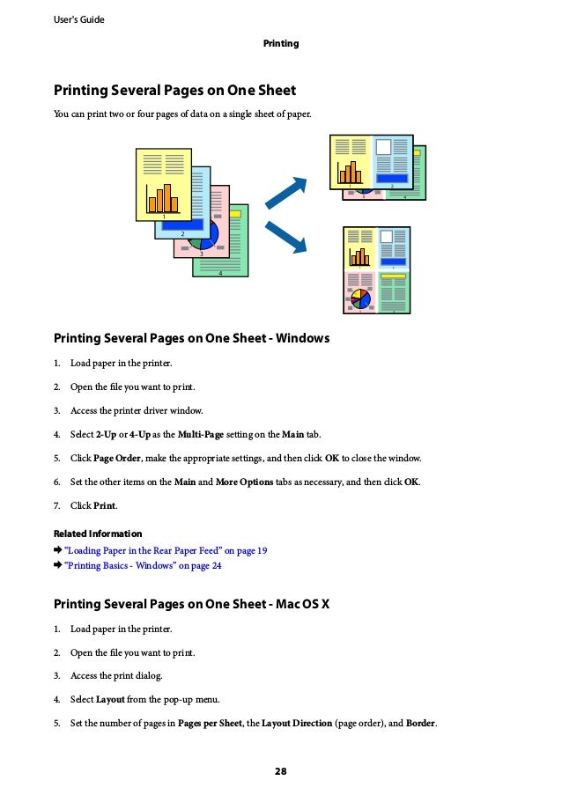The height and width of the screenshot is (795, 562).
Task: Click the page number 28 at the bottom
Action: pyautogui.click(x=280, y=772)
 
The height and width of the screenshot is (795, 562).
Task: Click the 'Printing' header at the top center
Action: pyautogui.click(x=281, y=43)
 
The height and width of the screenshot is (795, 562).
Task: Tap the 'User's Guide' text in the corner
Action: pyautogui.click(x=78, y=19)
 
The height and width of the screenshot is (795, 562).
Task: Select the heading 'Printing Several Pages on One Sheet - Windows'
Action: pyautogui.click(x=191, y=338)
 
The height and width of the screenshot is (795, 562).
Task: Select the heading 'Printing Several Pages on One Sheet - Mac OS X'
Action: pyautogui.click(x=191, y=604)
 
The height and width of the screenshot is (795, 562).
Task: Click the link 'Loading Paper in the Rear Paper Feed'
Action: pyautogui.click(x=165, y=550)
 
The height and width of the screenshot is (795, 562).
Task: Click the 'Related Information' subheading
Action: pyautogui.click(x=98, y=534)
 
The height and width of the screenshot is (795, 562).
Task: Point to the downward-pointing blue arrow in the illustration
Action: pyautogui.click(x=287, y=237)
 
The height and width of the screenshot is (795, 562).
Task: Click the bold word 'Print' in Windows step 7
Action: pyautogui.click(x=105, y=505)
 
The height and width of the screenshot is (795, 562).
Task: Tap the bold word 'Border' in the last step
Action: pyautogui.click(x=420, y=724)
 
